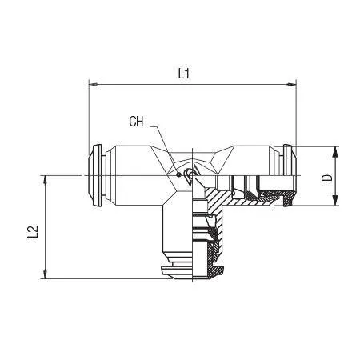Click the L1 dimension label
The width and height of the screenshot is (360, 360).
(x=184, y=74)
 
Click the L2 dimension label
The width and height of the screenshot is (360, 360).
(x=33, y=234)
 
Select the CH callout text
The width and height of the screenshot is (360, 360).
(x=136, y=122)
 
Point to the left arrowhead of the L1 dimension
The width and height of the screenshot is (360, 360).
(x=92, y=85)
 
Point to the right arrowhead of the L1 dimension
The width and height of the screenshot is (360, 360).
(x=293, y=85)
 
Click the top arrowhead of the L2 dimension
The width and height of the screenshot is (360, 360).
(x=46, y=180)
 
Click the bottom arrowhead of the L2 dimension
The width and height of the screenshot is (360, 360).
(x=46, y=274)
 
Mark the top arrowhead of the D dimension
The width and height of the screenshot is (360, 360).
(x=335, y=150)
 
